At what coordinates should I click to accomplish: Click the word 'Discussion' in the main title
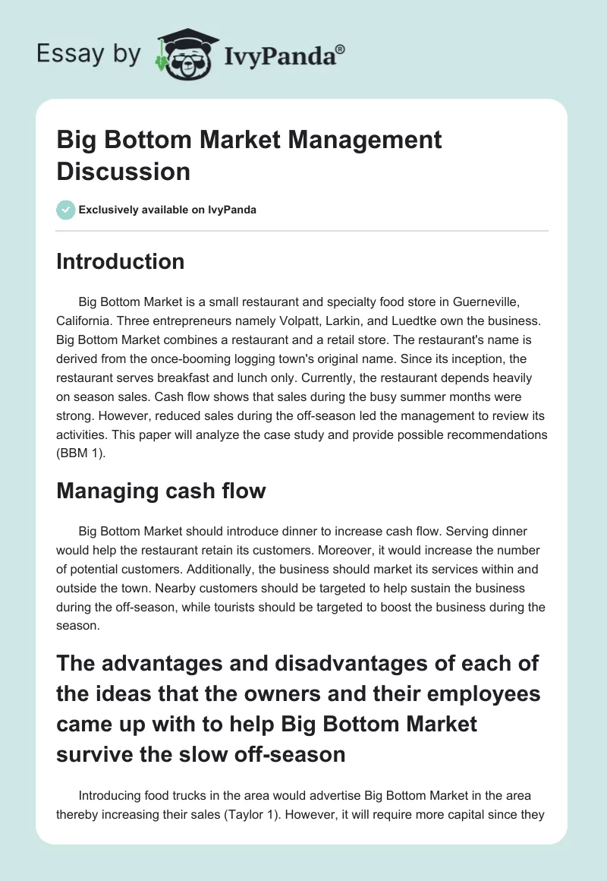[123, 171]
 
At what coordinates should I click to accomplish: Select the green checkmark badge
[66, 210]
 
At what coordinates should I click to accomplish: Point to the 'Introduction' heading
[121, 261]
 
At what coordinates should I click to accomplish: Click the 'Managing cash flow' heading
[161, 491]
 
